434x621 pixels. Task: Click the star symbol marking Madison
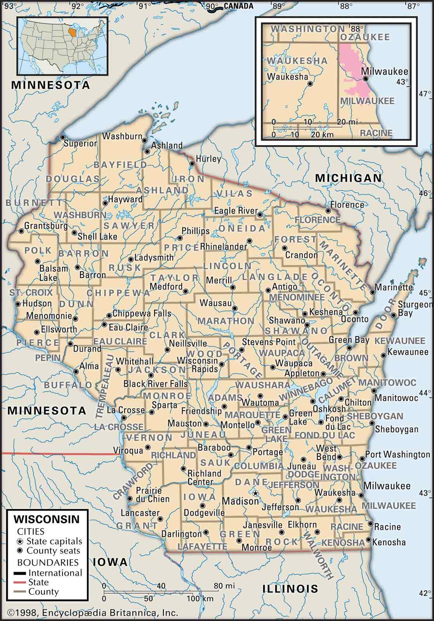pos(255,493)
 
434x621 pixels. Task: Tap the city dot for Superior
pos(63,137)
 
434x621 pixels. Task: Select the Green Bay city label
pos(349,340)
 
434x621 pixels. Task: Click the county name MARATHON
pos(226,321)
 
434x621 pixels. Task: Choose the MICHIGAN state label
pos(348,178)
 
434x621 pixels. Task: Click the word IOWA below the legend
pos(110,562)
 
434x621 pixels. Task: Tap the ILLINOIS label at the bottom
pos(290,588)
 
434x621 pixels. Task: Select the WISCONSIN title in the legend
pos(47,519)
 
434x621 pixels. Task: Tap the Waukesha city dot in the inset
pos(310,83)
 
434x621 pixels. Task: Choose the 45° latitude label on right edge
pos(426,293)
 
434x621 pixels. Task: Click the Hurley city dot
pos(192,164)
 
